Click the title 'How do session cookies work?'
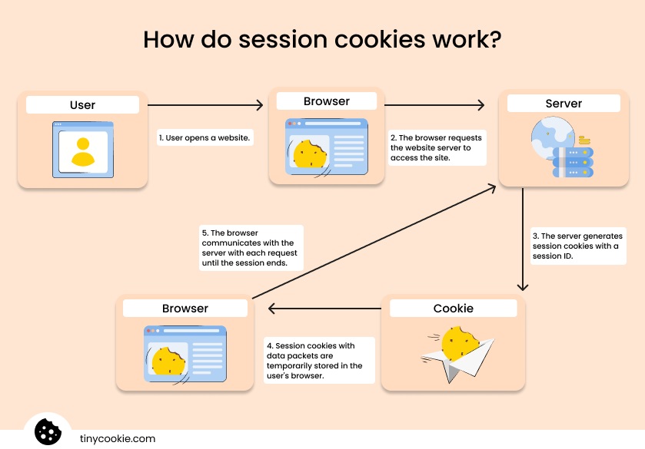pyautogui.click(x=322, y=40)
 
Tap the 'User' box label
pyautogui.click(x=82, y=105)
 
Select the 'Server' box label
pyautogui.click(x=564, y=103)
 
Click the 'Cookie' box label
pyautogui.click(x=453, y=309)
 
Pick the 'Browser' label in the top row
pyautogui.click(x=326, y=101)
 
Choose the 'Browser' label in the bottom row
pyautogui.click(x=185, y=309)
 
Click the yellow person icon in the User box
pyautogui.click(x=82, y=150)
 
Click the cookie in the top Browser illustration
pyautogui.click(x=310, y=154)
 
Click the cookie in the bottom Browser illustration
pyautogui.click(x=168, y=361)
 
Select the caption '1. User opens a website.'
pyautogui.click(x=205, y=138)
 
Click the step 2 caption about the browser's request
pyautogui.click(x=436, y=147)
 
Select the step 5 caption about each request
pyautogui.click(x=250, y=247)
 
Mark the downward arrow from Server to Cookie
pyautogui.click(x=523, y=239)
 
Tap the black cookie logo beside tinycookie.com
pyautogui.click(x=48, y=431)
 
